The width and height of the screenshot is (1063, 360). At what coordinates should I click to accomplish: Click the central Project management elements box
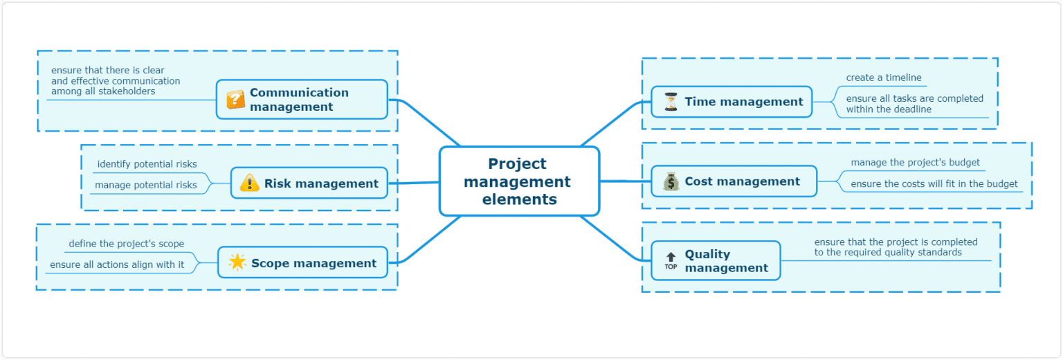point(519,181)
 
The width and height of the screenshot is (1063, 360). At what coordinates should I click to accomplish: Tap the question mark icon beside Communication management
point(235,100)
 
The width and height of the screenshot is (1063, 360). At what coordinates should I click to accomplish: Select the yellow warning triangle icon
point(249,183)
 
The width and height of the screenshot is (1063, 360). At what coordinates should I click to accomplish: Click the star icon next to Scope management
point(237,262)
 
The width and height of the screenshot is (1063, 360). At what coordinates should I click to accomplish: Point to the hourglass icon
point(671,102)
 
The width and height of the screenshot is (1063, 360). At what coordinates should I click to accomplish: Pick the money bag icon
point(671,181)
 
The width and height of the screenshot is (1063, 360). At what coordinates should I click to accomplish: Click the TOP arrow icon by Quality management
point(671,260)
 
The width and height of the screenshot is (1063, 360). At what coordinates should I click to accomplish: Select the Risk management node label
point(321,183)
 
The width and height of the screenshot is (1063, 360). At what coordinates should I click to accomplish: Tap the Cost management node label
point(742,181)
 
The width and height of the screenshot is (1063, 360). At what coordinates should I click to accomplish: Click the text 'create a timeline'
point(883,78)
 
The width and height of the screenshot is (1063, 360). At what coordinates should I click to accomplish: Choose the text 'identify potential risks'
point(147,164)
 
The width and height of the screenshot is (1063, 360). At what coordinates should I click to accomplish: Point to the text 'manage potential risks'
point(145,185)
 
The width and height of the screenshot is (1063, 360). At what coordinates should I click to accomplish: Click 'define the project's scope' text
point(127,244)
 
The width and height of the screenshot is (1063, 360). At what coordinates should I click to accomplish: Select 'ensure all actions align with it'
point(117,264)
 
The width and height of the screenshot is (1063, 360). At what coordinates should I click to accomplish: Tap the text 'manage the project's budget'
point(915,162)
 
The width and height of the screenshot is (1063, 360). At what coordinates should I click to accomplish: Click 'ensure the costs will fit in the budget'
point(934,183)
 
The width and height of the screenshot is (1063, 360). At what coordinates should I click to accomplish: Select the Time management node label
point(744,102)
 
